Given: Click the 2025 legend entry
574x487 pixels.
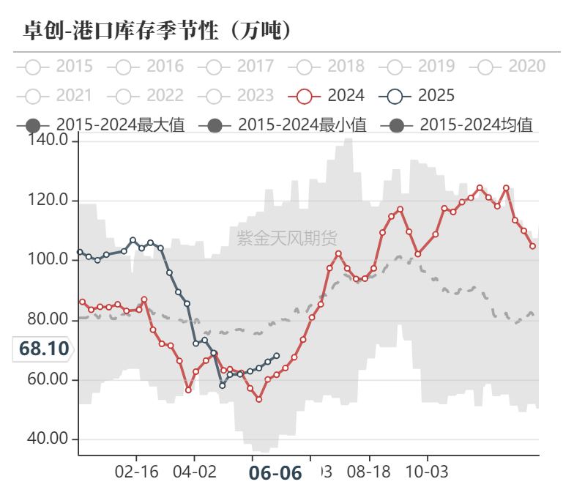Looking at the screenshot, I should coord(418,95).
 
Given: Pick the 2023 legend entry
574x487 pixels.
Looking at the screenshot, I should coord(237,95).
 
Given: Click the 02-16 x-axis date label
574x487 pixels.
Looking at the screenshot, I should coord(137,470).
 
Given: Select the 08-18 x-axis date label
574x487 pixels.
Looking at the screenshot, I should coord(369,470).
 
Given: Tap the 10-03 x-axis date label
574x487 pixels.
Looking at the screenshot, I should coord(427,470).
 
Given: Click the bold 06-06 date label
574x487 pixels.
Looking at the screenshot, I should coord(275,472).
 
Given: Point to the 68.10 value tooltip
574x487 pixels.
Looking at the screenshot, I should coord(44,348).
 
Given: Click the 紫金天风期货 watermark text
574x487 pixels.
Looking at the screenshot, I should coord(287,237).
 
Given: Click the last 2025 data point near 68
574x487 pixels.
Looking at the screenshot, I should coord(276,356).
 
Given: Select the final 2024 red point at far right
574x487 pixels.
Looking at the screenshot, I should coord(532,246).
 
